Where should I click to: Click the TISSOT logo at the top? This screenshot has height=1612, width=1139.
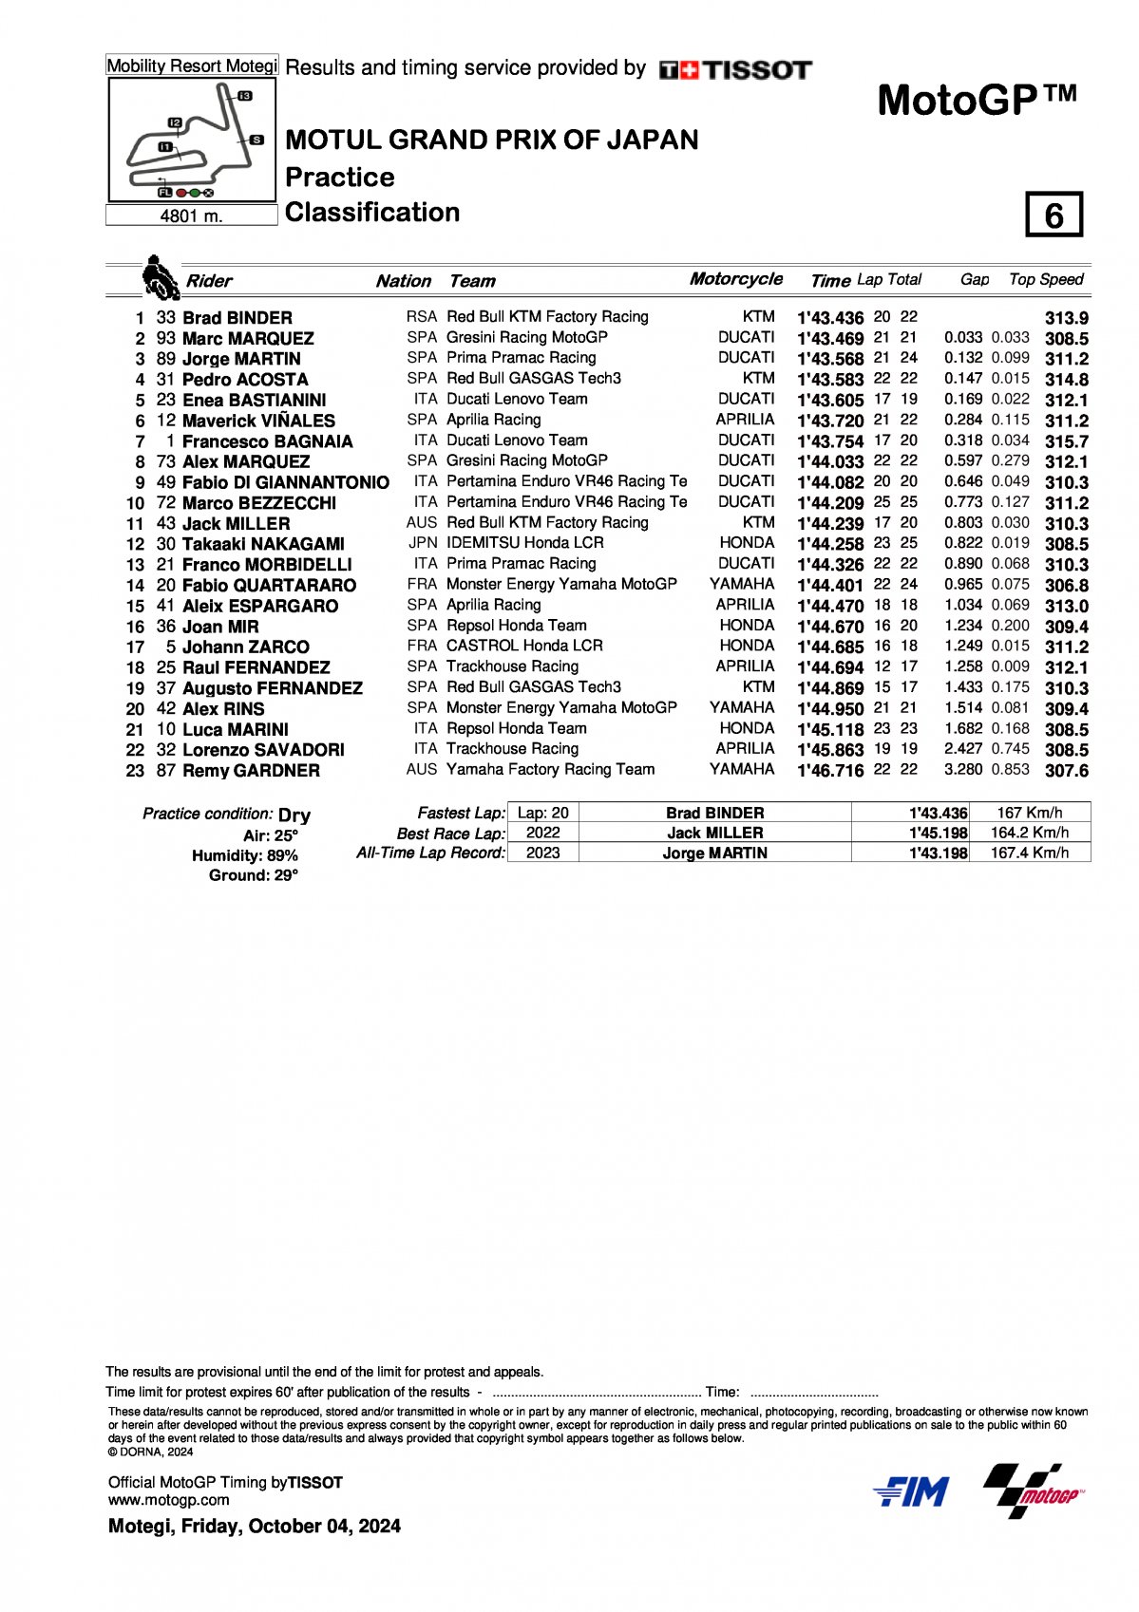[x=735, y=69]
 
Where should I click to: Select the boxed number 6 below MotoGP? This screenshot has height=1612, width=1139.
[x=1054, y=216]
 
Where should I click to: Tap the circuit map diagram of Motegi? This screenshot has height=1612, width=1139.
[x=192, y=141]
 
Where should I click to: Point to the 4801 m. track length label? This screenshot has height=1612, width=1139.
[x=191, y=216]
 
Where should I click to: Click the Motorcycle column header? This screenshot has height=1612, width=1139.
[x=735, y=279]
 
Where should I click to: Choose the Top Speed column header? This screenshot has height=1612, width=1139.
[x=1045, y=279]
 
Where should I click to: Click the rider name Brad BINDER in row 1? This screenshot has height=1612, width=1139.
[x=237, y=318]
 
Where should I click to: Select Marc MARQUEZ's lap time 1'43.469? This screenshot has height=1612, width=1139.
[x=829, y=339]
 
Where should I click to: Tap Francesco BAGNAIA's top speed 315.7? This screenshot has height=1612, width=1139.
[x=1066, y=441]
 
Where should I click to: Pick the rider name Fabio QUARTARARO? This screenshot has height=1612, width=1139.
[x=269, y=586]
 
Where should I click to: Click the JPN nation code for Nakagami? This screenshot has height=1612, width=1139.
[x=422, y=543]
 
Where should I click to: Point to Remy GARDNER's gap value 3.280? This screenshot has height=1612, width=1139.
[x=962, y=769]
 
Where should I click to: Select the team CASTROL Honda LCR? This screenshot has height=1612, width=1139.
[x=524, y=646]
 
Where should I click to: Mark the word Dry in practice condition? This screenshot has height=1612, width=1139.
[x=294, y=815]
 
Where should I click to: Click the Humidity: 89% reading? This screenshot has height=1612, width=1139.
[x=244, y=855]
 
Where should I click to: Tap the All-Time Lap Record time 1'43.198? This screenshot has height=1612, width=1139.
[x=938, y=853]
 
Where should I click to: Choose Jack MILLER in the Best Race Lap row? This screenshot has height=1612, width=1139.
[x=714, y=833]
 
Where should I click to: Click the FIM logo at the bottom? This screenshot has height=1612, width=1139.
[x=910, y=1492]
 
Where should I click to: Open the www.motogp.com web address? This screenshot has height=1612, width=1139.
[x=168, y=1500]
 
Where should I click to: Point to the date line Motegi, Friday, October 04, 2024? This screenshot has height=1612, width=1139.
[x=255, y=1527]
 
